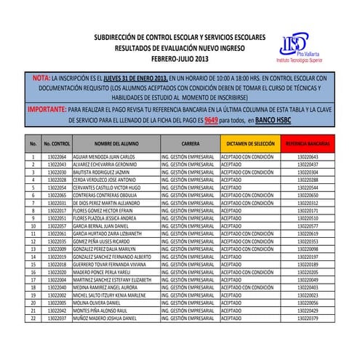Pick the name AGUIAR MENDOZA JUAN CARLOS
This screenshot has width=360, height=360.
tap(105, 157)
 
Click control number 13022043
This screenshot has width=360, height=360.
tap(57, 164)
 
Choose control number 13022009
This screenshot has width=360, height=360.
tap(57, 249)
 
